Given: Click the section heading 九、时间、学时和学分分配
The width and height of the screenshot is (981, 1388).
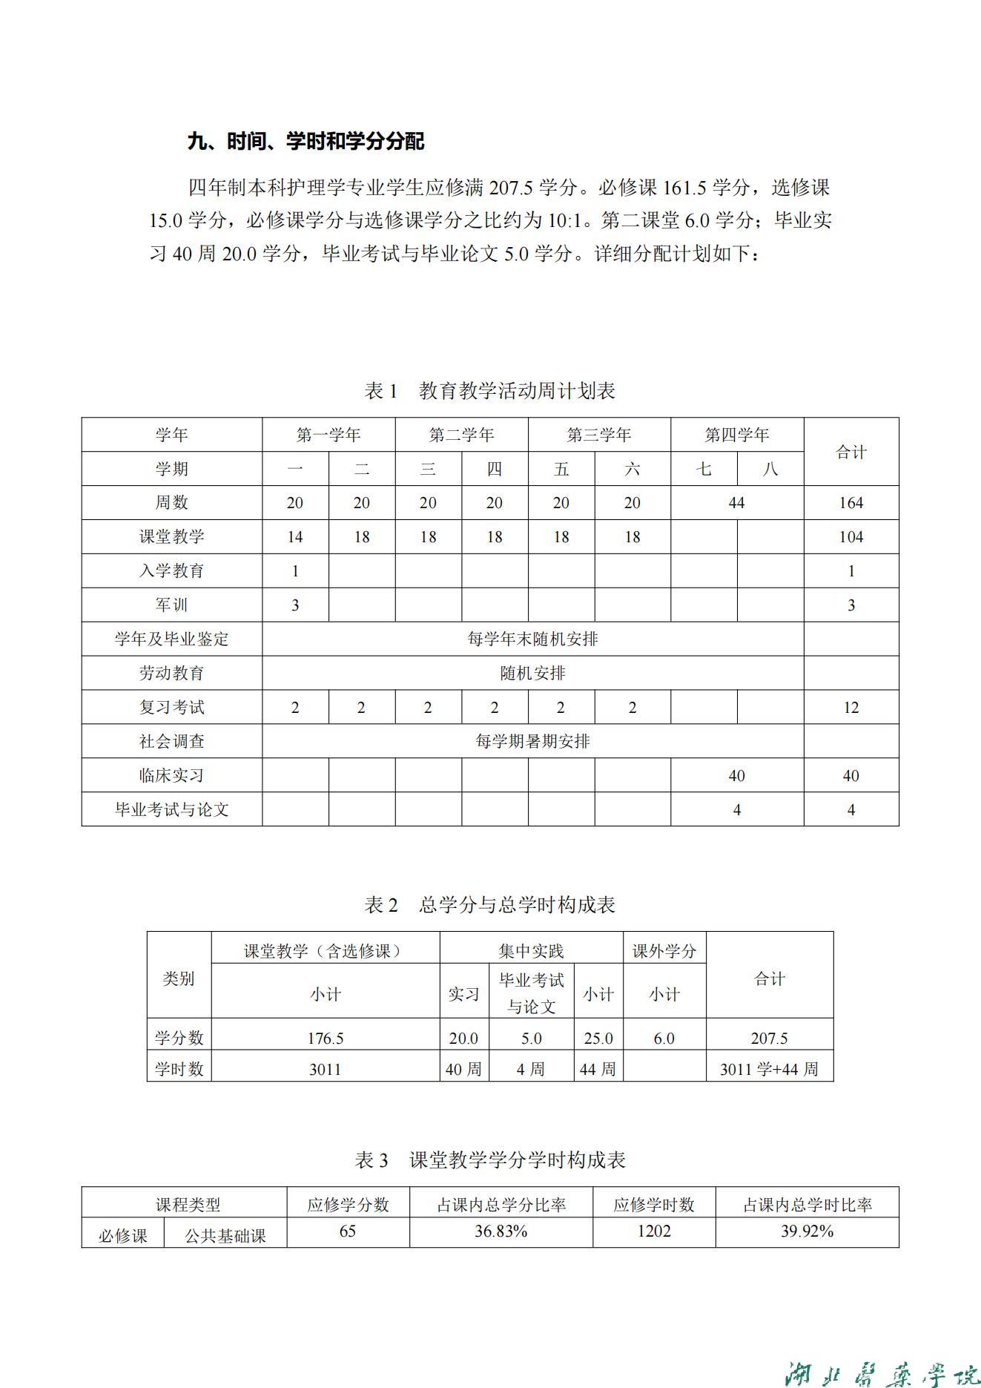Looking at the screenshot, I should [305, 141].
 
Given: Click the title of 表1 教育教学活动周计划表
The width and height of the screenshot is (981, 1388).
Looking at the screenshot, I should [489, 390].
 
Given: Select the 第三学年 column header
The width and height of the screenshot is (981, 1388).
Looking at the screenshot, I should [598, 435].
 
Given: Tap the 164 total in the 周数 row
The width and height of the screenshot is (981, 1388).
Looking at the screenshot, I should [850, 503].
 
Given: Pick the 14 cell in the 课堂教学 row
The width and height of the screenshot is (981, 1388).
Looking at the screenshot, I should [295, 537].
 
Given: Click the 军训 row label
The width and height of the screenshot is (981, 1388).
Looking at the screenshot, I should [171, 605].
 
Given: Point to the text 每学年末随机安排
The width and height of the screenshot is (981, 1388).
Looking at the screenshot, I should [532, 639].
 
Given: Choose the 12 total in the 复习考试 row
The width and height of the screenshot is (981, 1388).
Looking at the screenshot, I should [850, 708].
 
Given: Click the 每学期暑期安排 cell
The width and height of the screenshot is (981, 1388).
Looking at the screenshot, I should [532, 741].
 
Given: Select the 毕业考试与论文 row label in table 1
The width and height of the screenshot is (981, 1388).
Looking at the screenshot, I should [171, 809].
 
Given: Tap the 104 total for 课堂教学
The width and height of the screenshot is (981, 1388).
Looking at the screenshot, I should [850, 537].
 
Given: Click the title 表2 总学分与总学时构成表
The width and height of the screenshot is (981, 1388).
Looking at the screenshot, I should [489, 904].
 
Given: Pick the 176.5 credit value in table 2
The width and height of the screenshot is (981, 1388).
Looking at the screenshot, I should [326, 1038].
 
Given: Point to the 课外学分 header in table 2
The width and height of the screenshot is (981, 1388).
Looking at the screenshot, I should [664, 951].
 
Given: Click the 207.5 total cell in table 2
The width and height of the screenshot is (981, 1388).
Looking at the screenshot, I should [769, 1038].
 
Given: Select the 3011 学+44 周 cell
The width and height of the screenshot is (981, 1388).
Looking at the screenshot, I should [769, 1069].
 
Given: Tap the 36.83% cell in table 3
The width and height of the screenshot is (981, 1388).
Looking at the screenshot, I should [501, 1231].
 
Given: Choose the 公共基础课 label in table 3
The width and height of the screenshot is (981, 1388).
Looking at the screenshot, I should [225, 1236].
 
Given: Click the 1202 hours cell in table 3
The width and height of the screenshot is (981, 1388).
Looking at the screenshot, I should [653, 1231].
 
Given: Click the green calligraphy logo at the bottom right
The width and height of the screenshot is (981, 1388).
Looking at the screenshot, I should [882, 1364].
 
